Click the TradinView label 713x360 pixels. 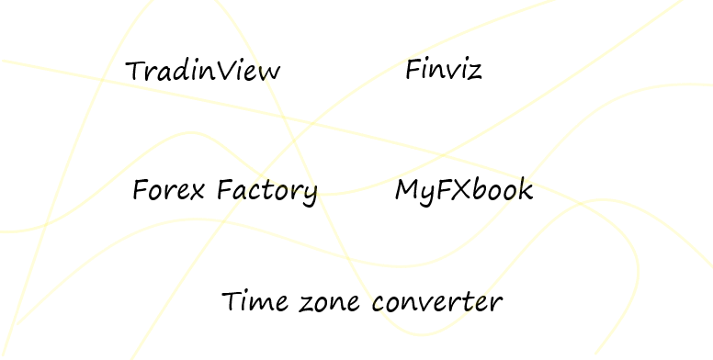[x=202, y=71]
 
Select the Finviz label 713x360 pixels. [x=443, y=69]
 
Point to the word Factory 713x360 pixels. [x=267, y=192]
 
